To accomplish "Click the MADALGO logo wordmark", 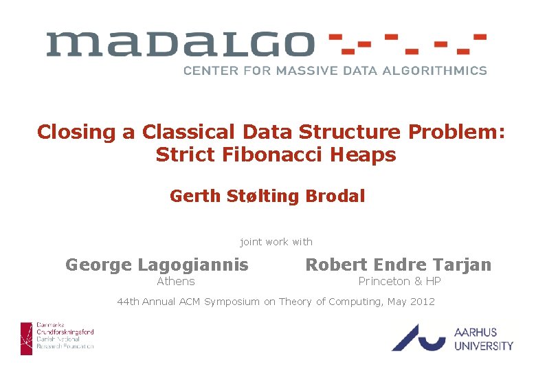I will pyautogui.click(x=180, y=45).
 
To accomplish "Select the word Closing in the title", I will pyautogui.click(x=77, y=132).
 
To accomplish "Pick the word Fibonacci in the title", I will pyautogui.click(x=263, y=155).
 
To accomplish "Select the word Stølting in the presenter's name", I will pyautogui.click(x=263, y=196).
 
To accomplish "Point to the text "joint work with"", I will pyautogui.click(x=276, y=242).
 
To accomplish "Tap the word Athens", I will pyautogui.click(x=176, y=282).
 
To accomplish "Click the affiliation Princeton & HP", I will pyautogui.click(x=399, y=282).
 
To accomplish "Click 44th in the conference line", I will pyautogui.click(x=129, y=302).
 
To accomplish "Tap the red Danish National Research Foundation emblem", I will pyautogui.click(x=26, y=338).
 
